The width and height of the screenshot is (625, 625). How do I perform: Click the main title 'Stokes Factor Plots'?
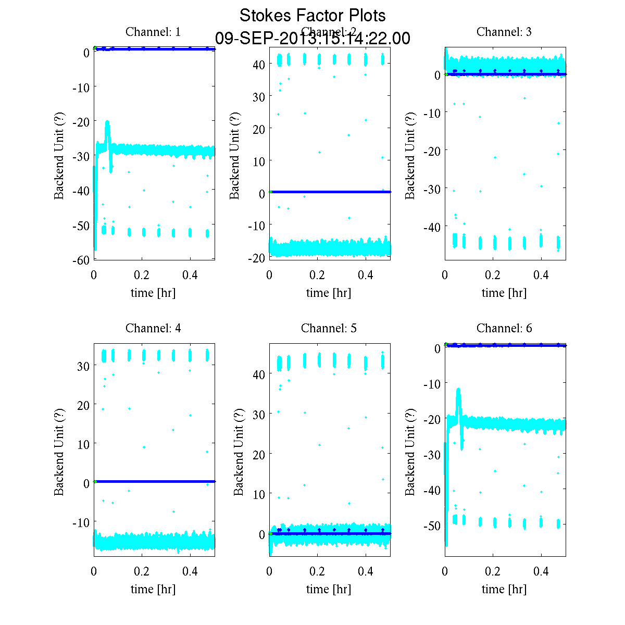pos(312,16)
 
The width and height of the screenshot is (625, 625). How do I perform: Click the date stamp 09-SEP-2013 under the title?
pos(312,39)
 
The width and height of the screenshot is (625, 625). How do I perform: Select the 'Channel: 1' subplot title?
pos(153,32)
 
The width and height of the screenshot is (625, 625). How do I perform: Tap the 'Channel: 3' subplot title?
pos(504,32)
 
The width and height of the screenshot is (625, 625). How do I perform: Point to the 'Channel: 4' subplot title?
pos(153,328)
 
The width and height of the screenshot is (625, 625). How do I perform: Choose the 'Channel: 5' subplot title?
pos(329,328)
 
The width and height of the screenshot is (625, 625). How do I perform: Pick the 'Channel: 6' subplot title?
pos(504,328)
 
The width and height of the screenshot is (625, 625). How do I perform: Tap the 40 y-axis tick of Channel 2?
pos(259,64)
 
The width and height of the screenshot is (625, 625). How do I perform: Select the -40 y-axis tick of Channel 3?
pos(433,227)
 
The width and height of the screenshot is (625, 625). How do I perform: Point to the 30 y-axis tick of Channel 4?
pos(83,366)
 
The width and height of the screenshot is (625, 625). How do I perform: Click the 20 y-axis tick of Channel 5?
pos(259,454)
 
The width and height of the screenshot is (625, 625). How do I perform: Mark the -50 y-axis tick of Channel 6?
pos(433,526)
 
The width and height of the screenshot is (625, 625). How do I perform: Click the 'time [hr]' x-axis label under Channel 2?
pos(329,293)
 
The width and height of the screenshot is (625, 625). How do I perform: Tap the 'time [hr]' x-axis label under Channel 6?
pos(504,589)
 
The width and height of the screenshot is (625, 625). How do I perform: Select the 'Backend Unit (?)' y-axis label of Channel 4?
pos(59,451)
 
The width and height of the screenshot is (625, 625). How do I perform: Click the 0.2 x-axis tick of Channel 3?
pos(493,275)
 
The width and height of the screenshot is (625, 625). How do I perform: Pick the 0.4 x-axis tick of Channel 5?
pos(366,571)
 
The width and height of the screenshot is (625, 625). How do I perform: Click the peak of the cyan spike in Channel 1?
pos(107,122)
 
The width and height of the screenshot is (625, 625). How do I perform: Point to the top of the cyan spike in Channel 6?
pos(458,389)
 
